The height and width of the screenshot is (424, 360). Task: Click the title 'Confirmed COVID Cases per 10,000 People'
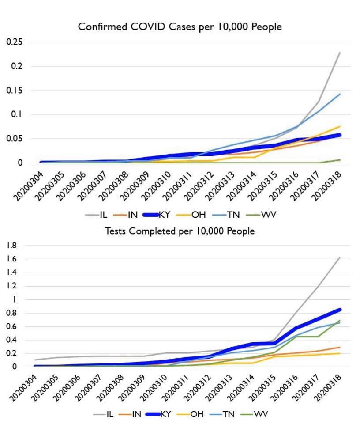(x=180, y=27)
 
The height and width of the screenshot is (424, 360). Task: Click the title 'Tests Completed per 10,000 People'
(x=180, y=231)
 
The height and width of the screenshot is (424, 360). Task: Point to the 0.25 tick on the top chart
(x=15, y=42)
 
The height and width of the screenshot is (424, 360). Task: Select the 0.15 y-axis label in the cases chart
(x=15, y=91)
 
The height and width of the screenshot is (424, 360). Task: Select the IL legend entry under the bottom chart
(x=105, y=414)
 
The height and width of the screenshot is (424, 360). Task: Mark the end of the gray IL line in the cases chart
(x=340, y=53)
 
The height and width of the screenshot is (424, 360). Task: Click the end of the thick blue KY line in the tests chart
(x=340, y=310)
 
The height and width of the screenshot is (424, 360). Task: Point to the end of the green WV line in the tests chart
(x=340, y=320)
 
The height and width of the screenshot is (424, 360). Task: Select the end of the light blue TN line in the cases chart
(x=340, y=94)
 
